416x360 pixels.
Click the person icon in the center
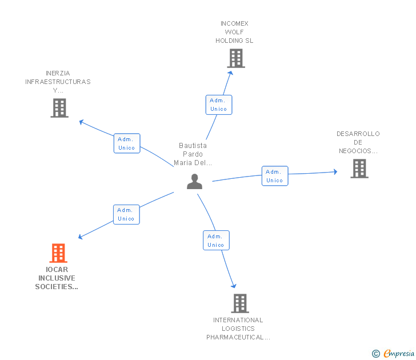[x=194, y=182]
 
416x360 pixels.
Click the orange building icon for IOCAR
[x=58, y=253]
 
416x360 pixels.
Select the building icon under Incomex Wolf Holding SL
[x=235, y=58]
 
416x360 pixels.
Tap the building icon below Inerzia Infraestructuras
[x=59, y=108]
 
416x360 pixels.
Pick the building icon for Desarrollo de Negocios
[x=359, y=169]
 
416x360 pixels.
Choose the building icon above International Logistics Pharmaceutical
[x=240, y=303]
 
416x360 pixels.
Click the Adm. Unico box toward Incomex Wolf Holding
[x=218, y=105]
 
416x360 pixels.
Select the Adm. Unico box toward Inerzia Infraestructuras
[x=127, y=143]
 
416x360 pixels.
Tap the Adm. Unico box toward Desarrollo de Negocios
[x=274, y=176]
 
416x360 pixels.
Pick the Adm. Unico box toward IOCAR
[x=126, y=214]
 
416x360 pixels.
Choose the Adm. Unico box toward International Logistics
[x=216, y=241]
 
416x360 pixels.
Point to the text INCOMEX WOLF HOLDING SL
[x=234, y=32]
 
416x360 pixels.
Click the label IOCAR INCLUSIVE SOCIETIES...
[x=58, y=278]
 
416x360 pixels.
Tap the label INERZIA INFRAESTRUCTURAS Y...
[x=58, y=82]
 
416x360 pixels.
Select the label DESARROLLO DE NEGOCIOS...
[x=358, y=142]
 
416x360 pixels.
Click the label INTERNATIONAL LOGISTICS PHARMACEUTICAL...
[x=238, y=329]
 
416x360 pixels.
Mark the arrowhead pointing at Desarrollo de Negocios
[x=335, y=171]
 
